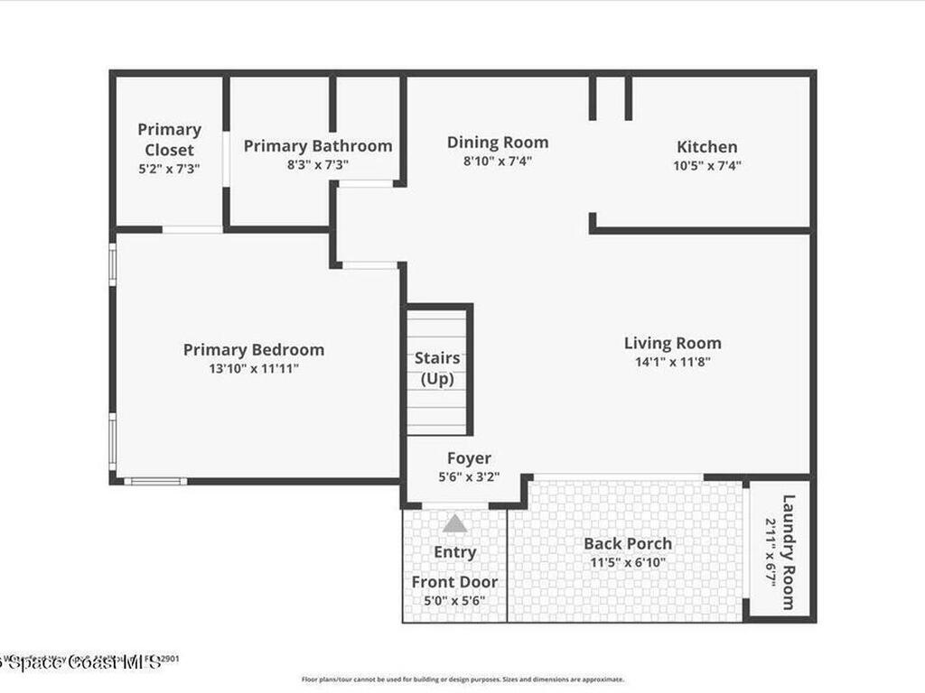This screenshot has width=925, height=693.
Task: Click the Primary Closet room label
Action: point(170,140)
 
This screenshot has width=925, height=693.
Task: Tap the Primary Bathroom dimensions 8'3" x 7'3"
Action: point(318,165)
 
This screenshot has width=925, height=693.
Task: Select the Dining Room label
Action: point(498,142)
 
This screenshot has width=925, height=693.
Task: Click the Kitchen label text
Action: point(707,146)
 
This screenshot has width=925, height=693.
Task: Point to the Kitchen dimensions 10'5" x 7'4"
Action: point(707,166)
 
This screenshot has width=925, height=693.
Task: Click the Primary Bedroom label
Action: point(254,349)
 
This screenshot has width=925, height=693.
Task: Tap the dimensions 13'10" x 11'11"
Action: point(254,368)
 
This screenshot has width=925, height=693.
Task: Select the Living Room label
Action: point(673,343)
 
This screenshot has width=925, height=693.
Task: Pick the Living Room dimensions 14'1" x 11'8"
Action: point(673,362)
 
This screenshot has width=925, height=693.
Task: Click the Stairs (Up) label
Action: point(437,368)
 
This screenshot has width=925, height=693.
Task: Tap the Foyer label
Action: point(469,458)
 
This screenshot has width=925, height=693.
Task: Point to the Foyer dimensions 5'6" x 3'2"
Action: point(469,477)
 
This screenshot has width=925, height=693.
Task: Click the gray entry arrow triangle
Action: point(454,523)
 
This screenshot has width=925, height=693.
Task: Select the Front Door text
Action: point(454,582)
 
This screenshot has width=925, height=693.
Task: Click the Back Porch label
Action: point(628,543)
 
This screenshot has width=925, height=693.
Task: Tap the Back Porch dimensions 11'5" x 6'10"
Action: point(628,562)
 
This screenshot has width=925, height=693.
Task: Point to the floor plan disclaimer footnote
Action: point(462,679)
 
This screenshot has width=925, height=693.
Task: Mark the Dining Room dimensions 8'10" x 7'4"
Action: point(498,162)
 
